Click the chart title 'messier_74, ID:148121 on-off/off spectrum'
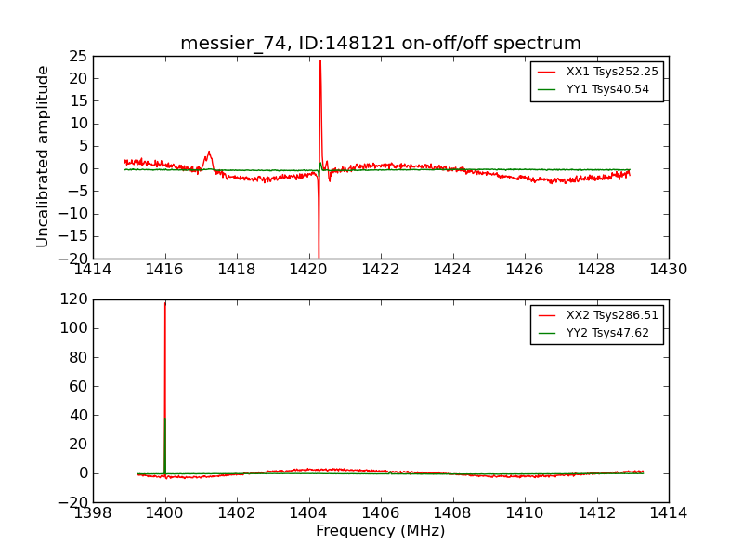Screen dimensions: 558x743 (381, 44)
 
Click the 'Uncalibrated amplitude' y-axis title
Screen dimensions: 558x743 (44, 156)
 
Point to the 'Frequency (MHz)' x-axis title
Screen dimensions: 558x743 (381, 531)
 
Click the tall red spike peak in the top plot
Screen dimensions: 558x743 (320, 61)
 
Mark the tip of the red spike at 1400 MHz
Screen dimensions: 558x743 (165, 302)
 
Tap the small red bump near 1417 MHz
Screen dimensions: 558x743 (209, 152)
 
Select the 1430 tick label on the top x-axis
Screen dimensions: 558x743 (668, 270)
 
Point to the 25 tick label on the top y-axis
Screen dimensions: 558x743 (77, 56)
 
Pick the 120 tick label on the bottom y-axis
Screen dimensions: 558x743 (73, 299)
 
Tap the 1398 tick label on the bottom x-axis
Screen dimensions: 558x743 (93, 513)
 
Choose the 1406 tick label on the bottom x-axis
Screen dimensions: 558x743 (380, 513)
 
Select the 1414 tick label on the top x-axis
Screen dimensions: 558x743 (93, 270)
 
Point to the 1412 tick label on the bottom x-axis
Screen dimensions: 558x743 (596, 513)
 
